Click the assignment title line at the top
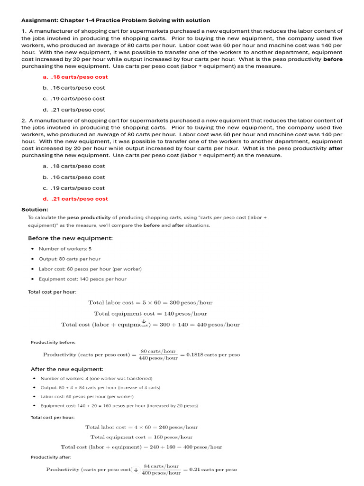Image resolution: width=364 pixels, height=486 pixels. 116,20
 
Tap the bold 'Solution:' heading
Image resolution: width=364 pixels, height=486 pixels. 35,210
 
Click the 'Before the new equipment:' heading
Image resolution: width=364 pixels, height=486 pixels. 70,238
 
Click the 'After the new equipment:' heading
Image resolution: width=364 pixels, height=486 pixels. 67,369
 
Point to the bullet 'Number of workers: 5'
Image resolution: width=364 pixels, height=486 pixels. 65,249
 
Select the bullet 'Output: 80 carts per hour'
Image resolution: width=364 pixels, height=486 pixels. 69,259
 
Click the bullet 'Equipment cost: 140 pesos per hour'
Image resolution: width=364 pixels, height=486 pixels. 82,279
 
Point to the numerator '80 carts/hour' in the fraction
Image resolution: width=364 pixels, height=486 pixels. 158,351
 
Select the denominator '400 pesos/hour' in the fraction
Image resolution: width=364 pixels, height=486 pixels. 161,473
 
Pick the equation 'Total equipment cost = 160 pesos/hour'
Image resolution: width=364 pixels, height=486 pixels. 141,437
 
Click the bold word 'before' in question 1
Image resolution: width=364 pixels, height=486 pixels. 333,59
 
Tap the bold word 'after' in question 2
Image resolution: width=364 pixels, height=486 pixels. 336,148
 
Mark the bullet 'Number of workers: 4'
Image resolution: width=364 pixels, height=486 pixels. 96,378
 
